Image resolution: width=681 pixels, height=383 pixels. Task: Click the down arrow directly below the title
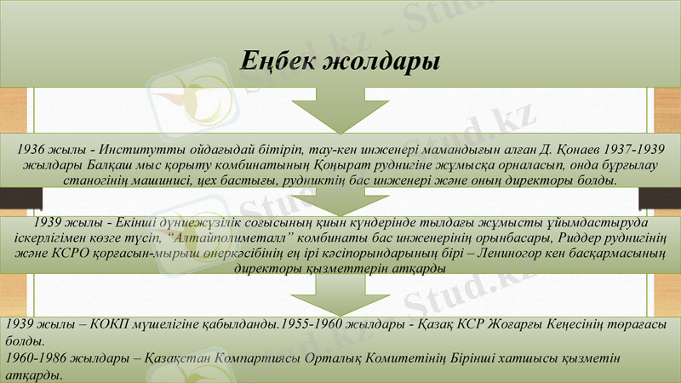click(x=340, y=111)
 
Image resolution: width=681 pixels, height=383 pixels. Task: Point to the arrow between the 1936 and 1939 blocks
click(x=340, y=205)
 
